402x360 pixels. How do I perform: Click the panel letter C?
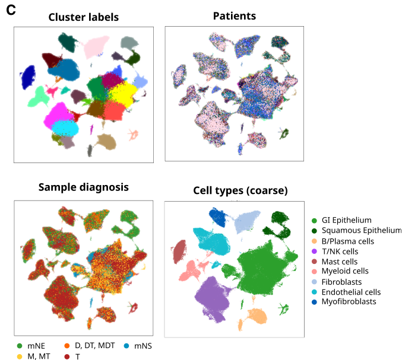[x=11, y=9]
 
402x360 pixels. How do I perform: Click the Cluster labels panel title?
[x=84, y=17]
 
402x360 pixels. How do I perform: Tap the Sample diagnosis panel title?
[x=83, y=187]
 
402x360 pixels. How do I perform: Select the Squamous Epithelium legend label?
[x=361, y=231]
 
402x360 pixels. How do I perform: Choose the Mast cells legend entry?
[x=339, y=262]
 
